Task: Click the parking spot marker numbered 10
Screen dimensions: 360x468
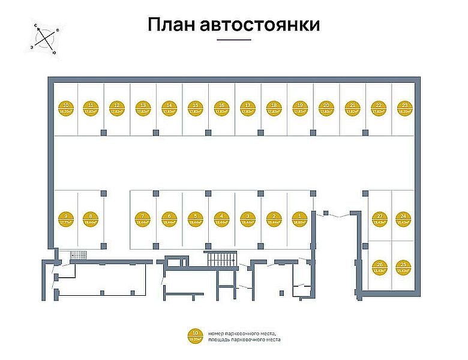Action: coord(65,108)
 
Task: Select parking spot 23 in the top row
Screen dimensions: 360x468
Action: coord(404,108)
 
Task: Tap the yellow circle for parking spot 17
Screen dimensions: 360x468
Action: coord(248,108)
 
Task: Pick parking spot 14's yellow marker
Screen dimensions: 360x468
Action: coord(169,108)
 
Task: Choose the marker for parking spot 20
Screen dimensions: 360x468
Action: coord(326,108)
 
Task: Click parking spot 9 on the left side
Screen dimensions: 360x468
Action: coord(65,218)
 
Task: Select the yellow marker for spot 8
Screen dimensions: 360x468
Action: coord(91,218)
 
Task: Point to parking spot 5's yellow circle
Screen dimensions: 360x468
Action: coord(196,218)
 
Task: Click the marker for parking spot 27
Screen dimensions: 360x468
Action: coord(379,218)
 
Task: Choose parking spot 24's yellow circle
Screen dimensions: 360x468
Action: coord(404,218)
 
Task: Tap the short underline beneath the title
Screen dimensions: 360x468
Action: coord(233,40)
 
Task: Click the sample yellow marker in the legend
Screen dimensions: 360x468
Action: coord(196,336)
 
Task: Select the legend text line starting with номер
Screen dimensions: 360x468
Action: coord(244,332)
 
